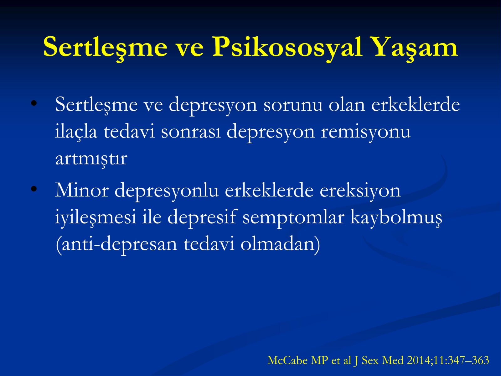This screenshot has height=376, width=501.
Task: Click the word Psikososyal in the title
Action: click(x=287, y=47)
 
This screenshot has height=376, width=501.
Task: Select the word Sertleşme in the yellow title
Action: click(x=105, y=48)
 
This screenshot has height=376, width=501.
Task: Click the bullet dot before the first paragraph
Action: click(x=34, y=103)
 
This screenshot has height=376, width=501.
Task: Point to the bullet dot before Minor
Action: click(x=34, y=189)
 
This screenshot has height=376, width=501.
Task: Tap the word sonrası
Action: click(x=191, y=132)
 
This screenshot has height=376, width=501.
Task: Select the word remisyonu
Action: click(x=366, y=133)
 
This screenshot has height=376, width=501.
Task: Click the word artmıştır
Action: click(x=91, y=159)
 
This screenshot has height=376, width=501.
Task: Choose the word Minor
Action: click(x=82, y=190)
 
